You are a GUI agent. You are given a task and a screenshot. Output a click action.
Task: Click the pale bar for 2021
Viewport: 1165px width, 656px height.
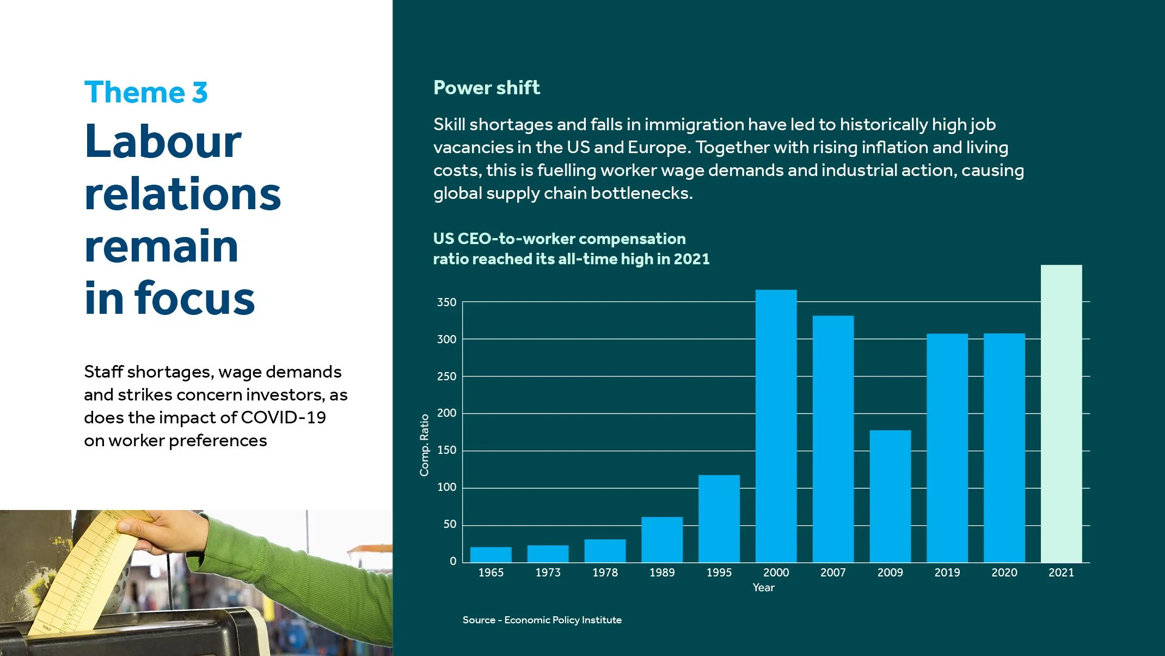click(1061, 414)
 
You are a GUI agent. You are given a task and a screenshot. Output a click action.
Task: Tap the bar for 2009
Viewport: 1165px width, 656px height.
click(890, 496)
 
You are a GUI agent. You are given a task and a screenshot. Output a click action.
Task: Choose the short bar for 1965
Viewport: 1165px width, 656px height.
click(490, 555)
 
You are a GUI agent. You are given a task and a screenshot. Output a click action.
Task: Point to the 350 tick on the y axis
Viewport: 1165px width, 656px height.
click(446, 302)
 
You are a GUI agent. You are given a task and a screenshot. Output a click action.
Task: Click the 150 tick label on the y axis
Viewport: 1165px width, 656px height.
click(446, 451)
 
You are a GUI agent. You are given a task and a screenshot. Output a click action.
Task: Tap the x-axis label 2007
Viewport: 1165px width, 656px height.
click(833, 573)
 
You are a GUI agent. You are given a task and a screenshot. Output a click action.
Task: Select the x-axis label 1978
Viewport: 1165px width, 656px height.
click(605, 573)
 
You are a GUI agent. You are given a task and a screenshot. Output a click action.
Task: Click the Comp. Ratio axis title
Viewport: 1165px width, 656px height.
click(425, 445)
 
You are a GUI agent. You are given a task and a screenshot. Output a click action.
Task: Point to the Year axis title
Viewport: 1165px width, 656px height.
click(763, 587)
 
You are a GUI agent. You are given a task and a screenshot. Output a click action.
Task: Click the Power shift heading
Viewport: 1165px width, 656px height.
click(486, 88)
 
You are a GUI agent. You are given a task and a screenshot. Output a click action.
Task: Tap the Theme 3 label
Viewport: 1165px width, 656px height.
click(146, 92)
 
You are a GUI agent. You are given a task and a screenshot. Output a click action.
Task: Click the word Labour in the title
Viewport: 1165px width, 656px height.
click(163, 141)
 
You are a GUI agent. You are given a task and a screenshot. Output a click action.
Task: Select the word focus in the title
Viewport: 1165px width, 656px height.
click(194, 299)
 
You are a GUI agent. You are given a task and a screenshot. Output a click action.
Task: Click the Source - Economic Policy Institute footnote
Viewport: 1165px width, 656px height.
click(542, 620)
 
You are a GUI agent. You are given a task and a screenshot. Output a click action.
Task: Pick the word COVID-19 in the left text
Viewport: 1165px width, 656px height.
click(283, 417)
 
